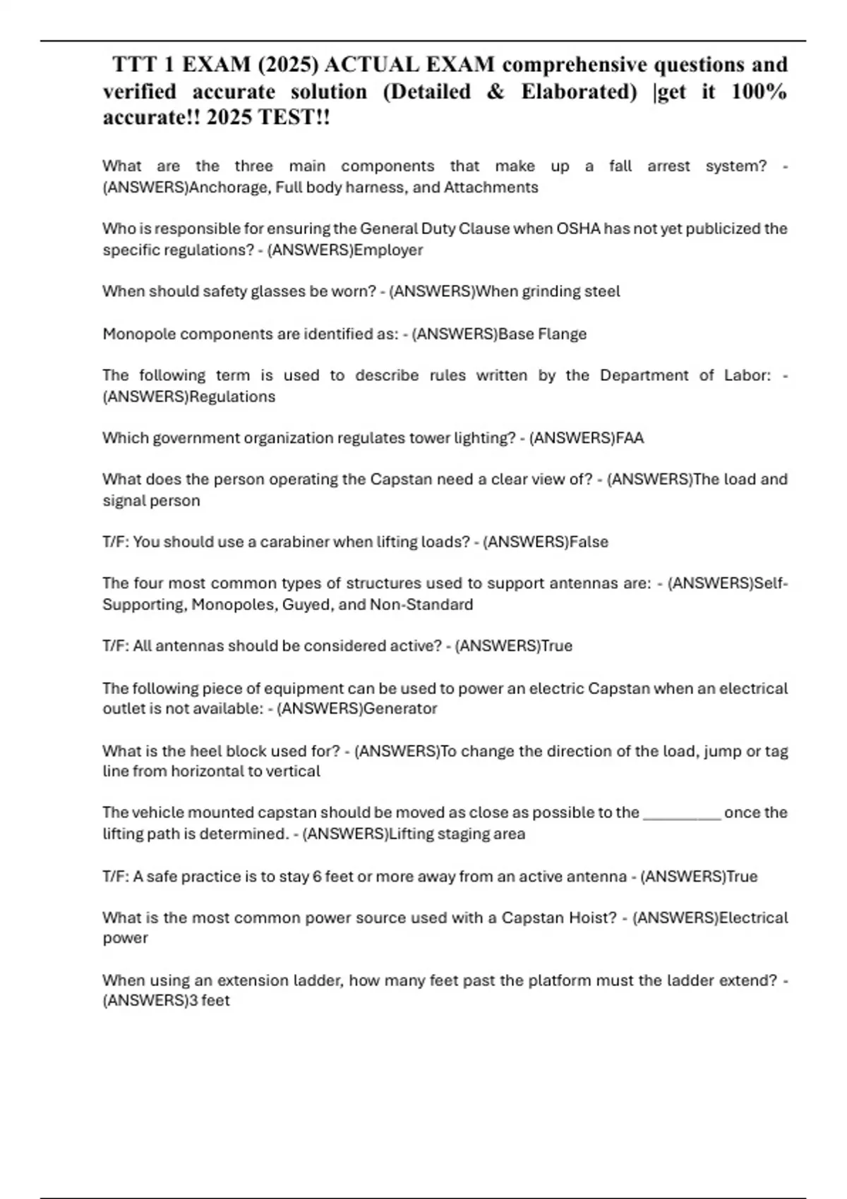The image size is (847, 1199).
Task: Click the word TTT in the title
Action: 136,65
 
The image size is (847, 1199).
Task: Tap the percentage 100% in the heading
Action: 759,92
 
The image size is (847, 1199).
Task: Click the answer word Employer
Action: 388,250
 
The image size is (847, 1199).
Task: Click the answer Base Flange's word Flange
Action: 562,334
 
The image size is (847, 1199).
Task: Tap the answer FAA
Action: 630,438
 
